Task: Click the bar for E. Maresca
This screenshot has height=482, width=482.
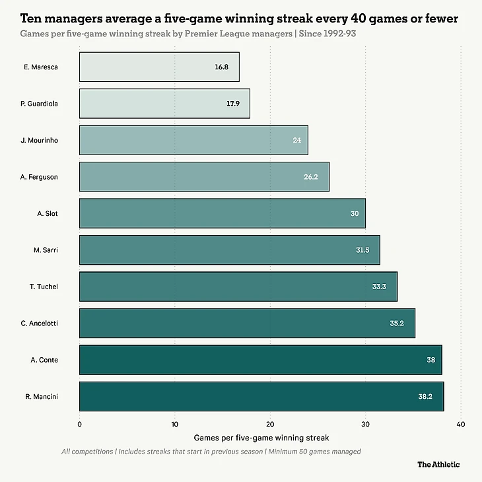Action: pyautogui.click(x=158, y=67)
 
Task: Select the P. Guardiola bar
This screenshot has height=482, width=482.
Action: pyautogui.click(x=164, y=104)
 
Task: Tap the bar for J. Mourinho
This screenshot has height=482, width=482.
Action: pyautogui.click(x=193, y=140)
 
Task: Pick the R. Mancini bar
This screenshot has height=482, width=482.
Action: pyautogui.click(x=261, y=396)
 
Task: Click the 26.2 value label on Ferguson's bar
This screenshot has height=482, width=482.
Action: pyautogui.click(x=311, y=177)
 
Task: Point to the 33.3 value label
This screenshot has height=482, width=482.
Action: pyautogui.click(x=379, y=287)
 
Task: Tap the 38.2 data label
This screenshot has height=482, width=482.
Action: pyautogui.click(x=426, y=396)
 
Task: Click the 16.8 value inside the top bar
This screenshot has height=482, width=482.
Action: pyautogui.click(x=221, y=67)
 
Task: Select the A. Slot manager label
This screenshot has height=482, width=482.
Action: pyautogui.click(x=48, y=213)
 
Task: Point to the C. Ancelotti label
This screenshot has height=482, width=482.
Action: pyautogui.click(x=40, y=323)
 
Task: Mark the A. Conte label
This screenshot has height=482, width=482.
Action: pyautogui.click(x=45, y=360)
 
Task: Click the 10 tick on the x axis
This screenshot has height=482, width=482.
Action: pyautogui.click(x=174, y=424)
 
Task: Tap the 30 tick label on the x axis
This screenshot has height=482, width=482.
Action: pyautogui.click(x=365, y=424)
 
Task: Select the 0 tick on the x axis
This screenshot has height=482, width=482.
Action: pyautogui.click(x=79, y=424)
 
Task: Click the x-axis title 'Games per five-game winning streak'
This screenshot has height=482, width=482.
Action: pyautogui.click(x=261, y=437)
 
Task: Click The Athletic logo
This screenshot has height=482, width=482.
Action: pyautogui.click(x=438, y=464)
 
